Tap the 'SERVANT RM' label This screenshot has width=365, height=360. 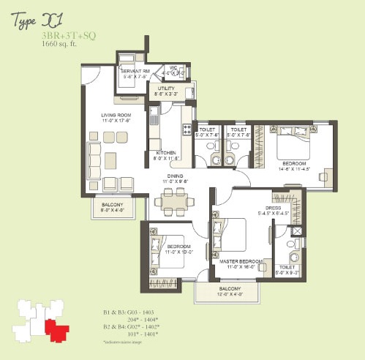click(x=137, y=70)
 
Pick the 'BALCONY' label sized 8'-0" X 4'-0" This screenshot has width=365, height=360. click(x=112, y=205)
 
